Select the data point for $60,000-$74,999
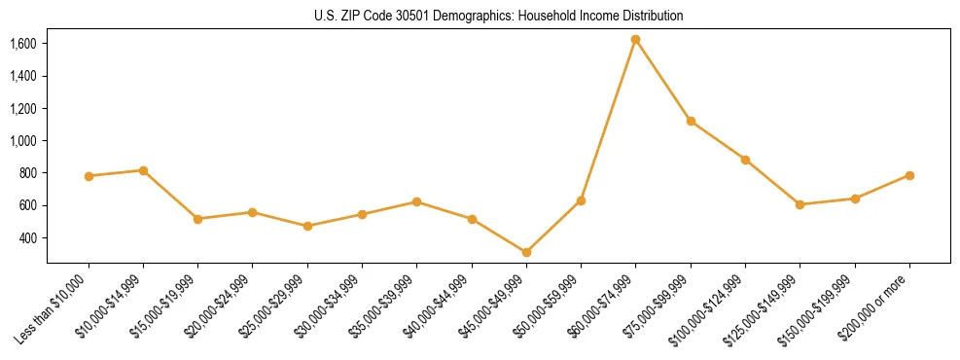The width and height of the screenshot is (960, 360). (635, 40)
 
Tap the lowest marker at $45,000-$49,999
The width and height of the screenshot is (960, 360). (526, 252)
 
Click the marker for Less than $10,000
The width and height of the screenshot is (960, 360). (89, 176)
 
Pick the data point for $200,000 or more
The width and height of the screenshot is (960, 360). (909, 175)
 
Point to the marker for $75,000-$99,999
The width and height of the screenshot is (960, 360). (691, 121)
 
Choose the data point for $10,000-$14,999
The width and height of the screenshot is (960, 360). (143, 170)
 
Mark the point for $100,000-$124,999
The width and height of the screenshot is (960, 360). (745, 160)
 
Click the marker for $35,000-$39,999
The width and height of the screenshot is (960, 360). (416, 201)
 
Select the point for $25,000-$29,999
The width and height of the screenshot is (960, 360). (307, 226)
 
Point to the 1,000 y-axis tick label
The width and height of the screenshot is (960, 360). (23, 141)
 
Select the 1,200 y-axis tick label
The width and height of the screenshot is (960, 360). (23, 108)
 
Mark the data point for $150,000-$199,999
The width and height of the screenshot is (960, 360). (855, 198)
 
